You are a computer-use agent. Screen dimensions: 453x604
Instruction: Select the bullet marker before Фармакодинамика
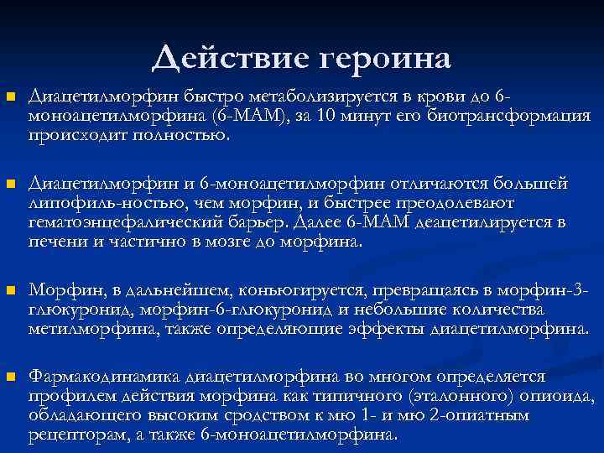(x=10, y=377)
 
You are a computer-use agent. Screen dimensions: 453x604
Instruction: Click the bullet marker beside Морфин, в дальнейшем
(x=10, y=291)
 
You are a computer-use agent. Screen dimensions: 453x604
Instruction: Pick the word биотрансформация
(x=508, y=117)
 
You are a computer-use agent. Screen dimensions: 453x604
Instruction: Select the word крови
(x=449, y=99)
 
